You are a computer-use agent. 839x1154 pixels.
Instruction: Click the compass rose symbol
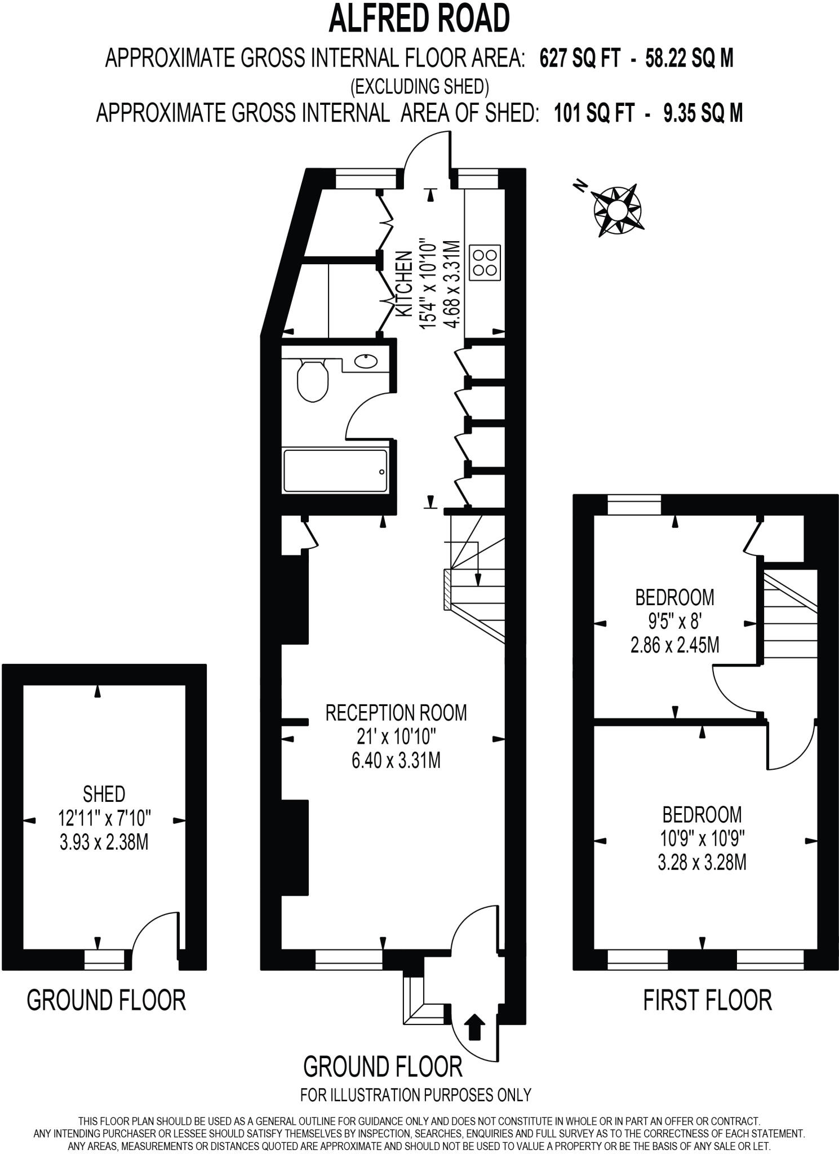[617, 210]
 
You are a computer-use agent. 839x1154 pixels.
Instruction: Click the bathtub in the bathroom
[336, 471]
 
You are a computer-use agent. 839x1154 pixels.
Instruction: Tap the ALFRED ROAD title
[419, 18]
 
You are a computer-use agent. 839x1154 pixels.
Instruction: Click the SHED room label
[104, 795]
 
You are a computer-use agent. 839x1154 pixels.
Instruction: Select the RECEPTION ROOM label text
[396, 713]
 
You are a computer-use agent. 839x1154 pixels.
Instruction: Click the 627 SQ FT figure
[580, 58]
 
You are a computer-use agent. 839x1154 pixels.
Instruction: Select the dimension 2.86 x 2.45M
[674, 645]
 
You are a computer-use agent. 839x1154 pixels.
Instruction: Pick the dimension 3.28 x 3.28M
[702, 863]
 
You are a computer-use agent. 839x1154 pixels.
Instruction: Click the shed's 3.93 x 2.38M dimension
[104, 843]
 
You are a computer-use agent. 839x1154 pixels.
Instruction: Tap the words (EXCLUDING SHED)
[419, 87]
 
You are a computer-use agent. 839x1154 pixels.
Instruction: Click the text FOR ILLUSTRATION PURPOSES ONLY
[416, 1095]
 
